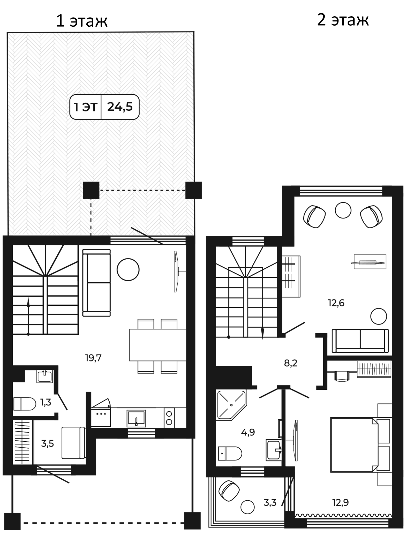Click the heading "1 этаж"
tap(81, 21)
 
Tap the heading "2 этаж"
tap(343, 20)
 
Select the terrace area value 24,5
tap(120, 107)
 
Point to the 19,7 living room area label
tap(93, 358)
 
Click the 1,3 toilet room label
tap(46, 403)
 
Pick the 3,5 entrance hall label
tap(48, 444)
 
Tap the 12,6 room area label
tap(336, 303)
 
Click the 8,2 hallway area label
tap(291, 363)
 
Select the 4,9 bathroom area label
tap(248, 432)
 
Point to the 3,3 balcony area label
tap(270, 503)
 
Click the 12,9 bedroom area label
tap(340, 502)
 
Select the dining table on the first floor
tap(158, 345)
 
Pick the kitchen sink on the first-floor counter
tap(136, 418)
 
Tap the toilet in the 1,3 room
tap(25, 404)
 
